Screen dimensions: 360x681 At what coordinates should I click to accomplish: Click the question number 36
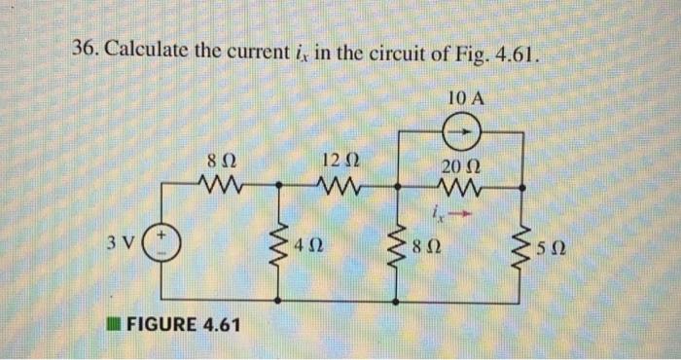coord(87,52)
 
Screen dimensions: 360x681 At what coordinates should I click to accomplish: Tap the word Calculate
coord(154,52)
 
